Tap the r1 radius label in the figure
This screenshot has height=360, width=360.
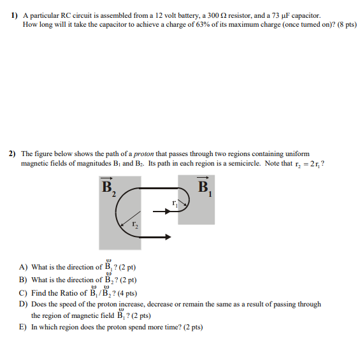(x=174, y=203)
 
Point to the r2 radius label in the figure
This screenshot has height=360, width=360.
(x=134, y=224)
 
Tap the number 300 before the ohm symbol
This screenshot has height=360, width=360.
(x=204, y=15)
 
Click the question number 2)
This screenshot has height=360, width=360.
(x=13, y=154)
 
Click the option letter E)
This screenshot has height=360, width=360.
(x=23, y=327)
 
